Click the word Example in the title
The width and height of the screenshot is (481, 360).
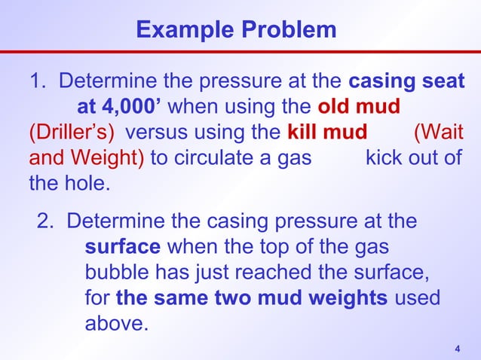pos(184,30)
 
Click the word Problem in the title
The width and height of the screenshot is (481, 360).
pos(286,30)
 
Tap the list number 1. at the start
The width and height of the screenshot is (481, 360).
pos(40,81)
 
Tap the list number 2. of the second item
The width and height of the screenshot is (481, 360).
pos(48,221)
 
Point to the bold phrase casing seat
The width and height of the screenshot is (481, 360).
pos(406,81)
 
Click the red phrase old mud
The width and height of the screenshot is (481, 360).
pos(358,107)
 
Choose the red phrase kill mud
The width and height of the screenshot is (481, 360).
pos(326,133)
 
